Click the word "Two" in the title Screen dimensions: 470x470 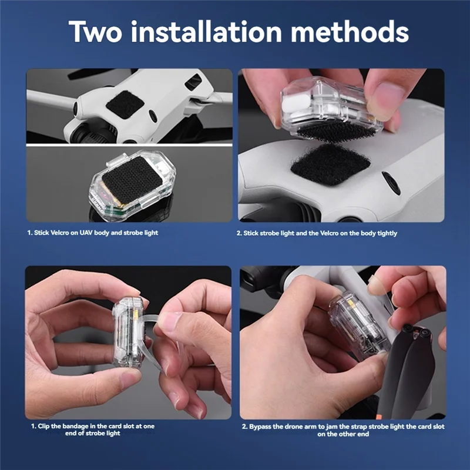coord(95,32)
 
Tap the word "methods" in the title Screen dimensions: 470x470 coord(350,32)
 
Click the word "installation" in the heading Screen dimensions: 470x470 coord(206,32)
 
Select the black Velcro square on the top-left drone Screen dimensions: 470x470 coord(125,104)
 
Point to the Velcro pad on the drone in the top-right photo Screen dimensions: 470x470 coord(330,164)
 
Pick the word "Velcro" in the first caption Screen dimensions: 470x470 coord(59,233)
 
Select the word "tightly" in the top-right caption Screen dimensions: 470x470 coord(387,233)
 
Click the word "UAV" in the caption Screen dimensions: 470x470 coord(86,233)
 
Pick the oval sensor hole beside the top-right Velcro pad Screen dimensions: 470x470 coord(391,183)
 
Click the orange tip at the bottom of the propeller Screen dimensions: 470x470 coord(380,417)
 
